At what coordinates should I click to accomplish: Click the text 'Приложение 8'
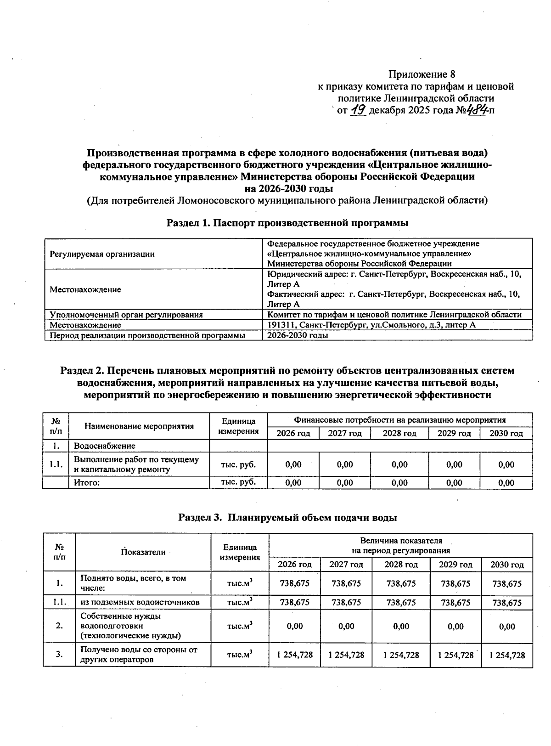click(422, 74)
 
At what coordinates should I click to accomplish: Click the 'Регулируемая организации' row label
click(102, 254)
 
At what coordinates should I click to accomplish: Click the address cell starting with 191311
click(371, 325)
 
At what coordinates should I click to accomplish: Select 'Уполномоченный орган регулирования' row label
click(126, 315)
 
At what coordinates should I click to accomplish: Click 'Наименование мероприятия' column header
click(139, 426)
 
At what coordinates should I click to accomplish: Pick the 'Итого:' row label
click(87, 483)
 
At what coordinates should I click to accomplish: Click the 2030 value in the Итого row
click(506, 483)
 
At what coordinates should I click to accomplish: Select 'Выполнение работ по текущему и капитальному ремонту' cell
click(136, 464)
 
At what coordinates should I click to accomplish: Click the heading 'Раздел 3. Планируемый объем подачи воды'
click(287, 518)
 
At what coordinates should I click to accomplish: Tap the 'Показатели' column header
click(143, 552)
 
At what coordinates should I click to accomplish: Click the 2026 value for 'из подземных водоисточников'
click(295, 602)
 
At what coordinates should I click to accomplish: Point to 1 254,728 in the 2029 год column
click(455, 655)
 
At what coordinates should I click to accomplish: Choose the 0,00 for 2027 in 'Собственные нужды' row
click(346, 627)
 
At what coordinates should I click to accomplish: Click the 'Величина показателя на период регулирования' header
click(400, 546)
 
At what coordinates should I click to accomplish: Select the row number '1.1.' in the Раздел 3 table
click(59, 602)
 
